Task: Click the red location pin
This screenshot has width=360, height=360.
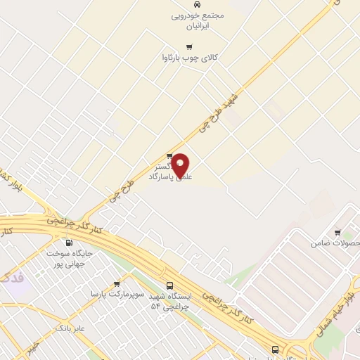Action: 181,165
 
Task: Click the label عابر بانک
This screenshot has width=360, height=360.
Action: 70,328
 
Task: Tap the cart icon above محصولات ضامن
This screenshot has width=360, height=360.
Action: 338,233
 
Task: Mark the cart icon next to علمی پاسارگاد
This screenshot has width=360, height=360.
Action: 169,156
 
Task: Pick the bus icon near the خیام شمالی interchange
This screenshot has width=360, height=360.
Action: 275,349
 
